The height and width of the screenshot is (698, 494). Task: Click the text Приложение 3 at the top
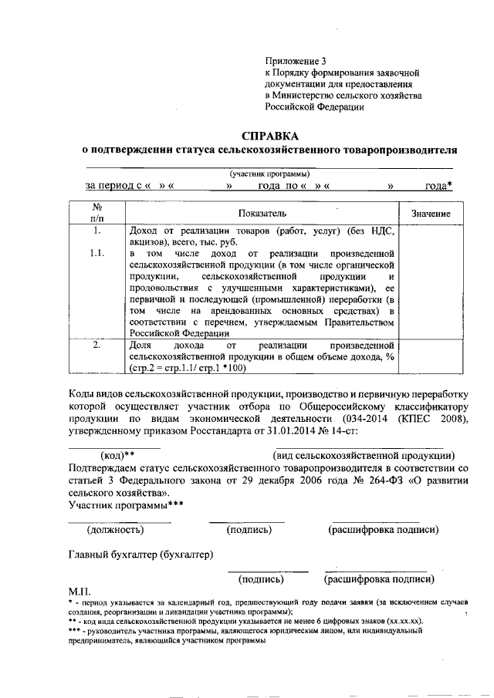[x=296, y=60]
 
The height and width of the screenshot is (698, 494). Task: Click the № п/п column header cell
[x=98, y=213]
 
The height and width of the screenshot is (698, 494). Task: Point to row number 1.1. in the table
[x=98, y=253]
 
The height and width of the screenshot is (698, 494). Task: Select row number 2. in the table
[x=98, y=346]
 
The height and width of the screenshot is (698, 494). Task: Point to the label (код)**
[x=113, y=455]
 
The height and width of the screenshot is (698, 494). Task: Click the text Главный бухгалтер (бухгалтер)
[x=141, y=554]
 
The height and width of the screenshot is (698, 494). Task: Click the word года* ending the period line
[x=438, y=186]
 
